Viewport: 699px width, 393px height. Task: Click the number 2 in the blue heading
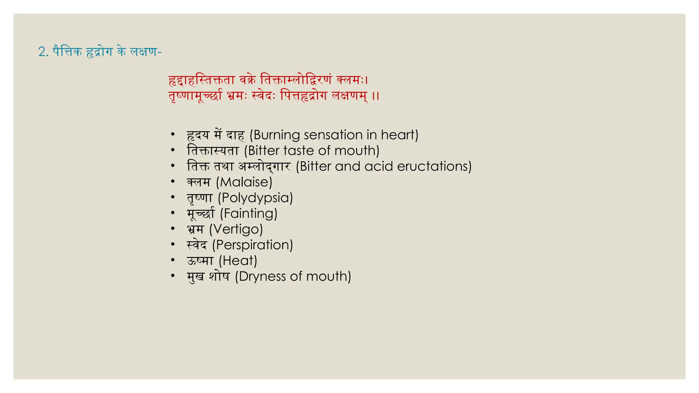point(43,52)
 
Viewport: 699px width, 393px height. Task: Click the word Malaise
point(244,182)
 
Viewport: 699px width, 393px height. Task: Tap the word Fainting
point(249,214)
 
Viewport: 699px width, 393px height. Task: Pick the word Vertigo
point(236,229)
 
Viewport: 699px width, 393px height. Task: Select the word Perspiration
point(253,245)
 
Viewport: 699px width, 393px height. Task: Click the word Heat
point(238,261)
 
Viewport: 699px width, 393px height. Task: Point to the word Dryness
point(262,276)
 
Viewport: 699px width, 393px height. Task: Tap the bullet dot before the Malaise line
point(173,181)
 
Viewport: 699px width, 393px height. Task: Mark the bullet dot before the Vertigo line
point(173,229)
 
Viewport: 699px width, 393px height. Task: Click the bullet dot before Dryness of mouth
point(173,276)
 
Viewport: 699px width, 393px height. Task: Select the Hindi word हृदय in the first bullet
point(198,135)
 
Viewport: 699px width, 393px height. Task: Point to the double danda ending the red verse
point(375,96)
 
